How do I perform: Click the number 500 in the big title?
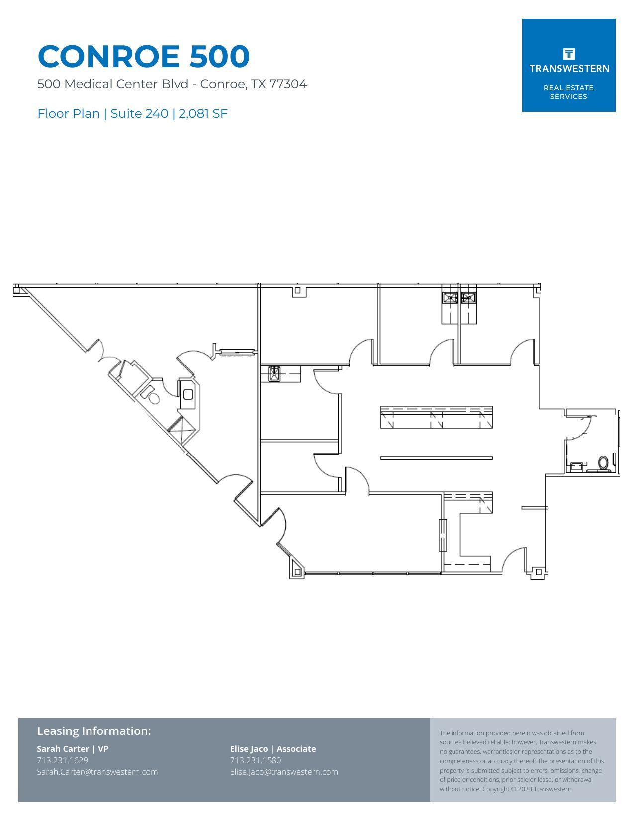pyautogui.click(x=219, y=56)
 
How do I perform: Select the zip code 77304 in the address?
pyautogui.click(x=288, y=84)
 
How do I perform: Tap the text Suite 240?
pyautogui.click(x=139, y=113)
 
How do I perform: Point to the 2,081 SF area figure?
pyautogui.click(x=203, y=113)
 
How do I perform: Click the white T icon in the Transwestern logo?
pyautogui.click(x=569, y=54)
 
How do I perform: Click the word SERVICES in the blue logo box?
pyautogui.click(x=568, y=96)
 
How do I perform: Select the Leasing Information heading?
pyautogui.click(x=94, y=731)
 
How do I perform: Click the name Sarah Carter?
pyautogui.click(x=63, y=749)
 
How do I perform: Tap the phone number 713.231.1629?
pyautogui.click(x=63, y=760)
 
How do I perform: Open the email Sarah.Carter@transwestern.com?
pyautogui.click(x=97, y=772)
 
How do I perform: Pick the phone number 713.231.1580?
pyautogui.click(x=256, y=760)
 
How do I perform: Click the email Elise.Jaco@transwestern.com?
pyautogui.click(x=284, y=772)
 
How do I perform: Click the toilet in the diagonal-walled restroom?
pyautogui.click(x=153, y=397)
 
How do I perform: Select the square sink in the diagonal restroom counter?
pyautogui.click(x=188, y=395)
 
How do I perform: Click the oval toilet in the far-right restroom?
pyautogui.click(x=604, y=462)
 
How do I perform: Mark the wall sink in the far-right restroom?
pyautogui.click(x=576, y=466)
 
